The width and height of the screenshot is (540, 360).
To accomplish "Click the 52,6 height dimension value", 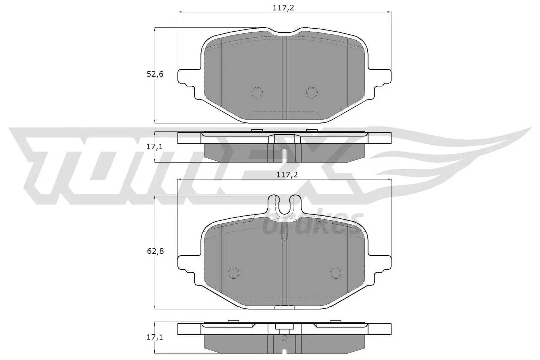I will [x=155, y=74].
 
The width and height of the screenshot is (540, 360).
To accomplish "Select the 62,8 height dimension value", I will [x=155, y=251].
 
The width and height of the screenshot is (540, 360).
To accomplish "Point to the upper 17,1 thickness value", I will [x=155, y=147].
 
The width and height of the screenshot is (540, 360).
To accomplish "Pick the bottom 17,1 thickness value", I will [x=155, y=337].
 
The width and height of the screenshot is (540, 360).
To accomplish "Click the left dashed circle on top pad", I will [x=257, y=92].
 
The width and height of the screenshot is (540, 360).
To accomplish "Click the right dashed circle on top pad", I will [x=312, y=92].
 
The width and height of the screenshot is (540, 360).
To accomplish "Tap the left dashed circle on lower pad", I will [x=233, y=273].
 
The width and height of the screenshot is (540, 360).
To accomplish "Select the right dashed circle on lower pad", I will [x=335, y=273].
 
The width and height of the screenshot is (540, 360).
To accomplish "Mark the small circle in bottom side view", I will [x=284, y=338].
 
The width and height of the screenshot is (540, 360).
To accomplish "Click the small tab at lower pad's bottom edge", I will [x=284, y=307].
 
